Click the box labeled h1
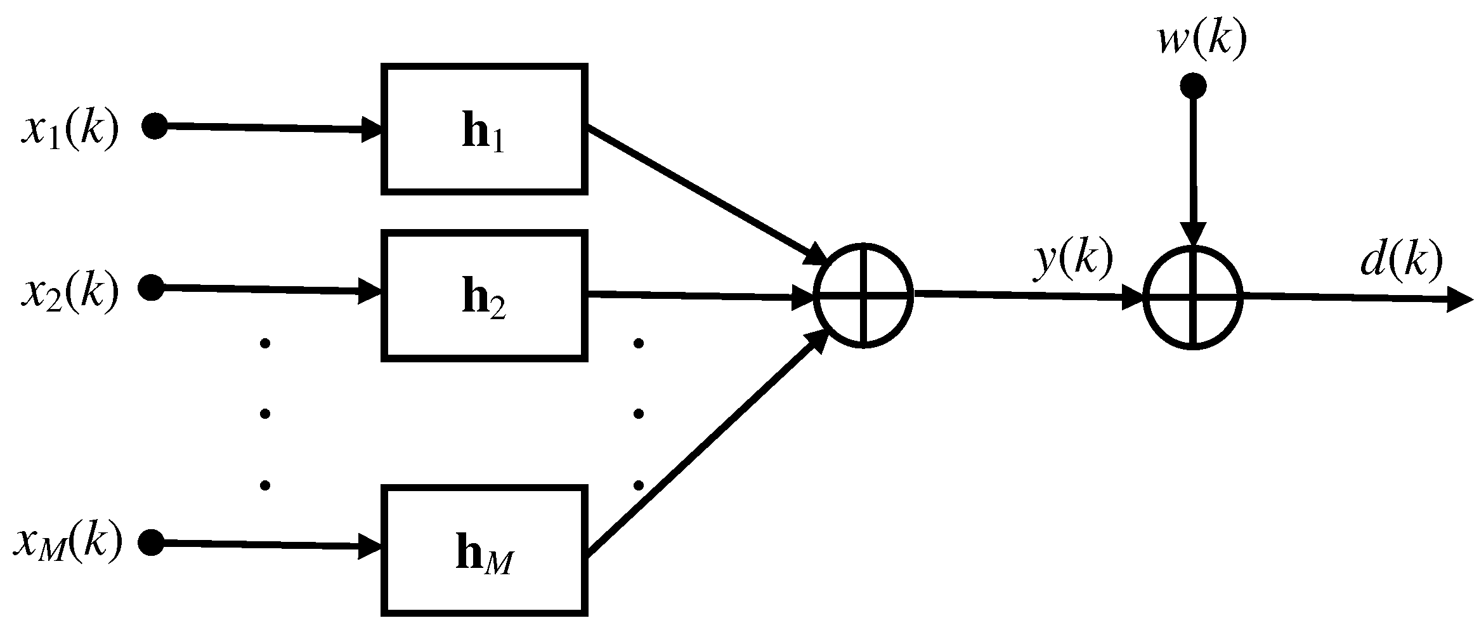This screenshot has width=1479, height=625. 484,128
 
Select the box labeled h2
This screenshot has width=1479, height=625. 484,296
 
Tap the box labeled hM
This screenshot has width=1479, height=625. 484,550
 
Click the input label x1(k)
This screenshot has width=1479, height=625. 70,130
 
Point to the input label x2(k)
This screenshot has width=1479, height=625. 70,291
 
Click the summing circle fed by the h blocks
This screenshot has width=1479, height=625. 864,294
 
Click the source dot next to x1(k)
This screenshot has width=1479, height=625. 154,126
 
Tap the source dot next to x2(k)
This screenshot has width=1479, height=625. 152,287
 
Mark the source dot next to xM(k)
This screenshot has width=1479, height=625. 152,543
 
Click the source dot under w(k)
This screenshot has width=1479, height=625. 1193,86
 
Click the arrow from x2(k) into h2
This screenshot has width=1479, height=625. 266,291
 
